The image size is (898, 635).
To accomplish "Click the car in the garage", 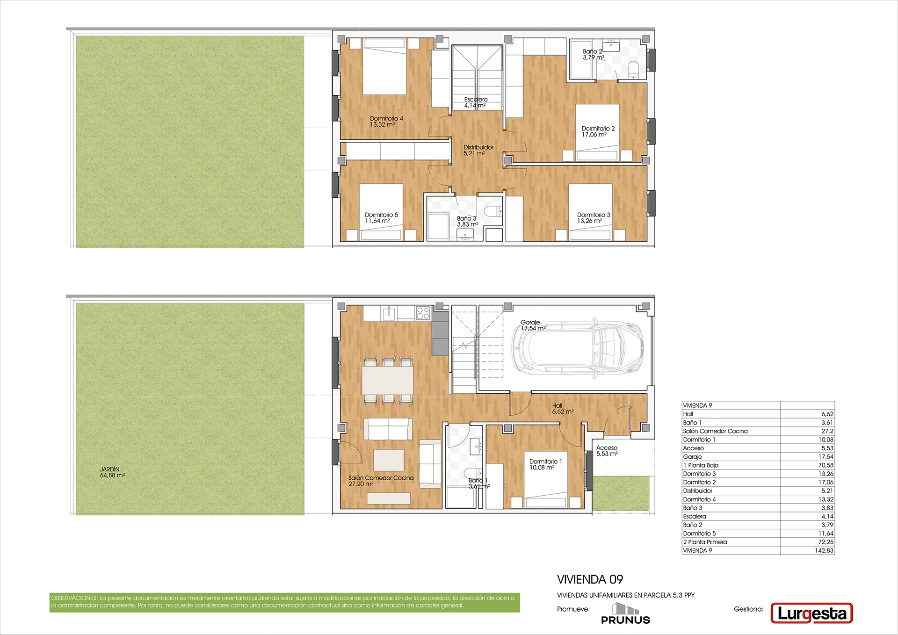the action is click(x=579, y=347).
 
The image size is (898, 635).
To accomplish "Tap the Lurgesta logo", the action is click(x=811, y=613).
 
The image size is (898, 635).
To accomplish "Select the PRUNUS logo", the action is click(x=625, y=614).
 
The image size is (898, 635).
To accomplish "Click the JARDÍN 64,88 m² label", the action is click(x=112, y=472).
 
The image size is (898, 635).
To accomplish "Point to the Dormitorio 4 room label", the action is click(x=386, y=122).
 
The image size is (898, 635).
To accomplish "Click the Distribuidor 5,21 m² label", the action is click(x=478, y=150).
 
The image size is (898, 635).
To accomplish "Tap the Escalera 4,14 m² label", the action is click(x=476, y=102).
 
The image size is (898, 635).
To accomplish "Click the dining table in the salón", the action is click(x=388, y=380).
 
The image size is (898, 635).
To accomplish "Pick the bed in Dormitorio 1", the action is click(x=546, y=480).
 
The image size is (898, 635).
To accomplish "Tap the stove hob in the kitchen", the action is click(x=423, y=313).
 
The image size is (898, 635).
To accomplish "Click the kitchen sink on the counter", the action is click(x=389, y=313).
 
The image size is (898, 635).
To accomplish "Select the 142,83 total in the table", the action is click(x=824, y=550).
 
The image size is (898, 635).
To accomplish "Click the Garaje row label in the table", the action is click(x=692, y=457).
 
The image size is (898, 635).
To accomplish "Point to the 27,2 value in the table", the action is click(x=827, y=431).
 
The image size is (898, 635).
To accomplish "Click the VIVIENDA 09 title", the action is click(x=590, y=579).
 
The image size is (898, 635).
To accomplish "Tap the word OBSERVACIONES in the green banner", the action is click(x=74, y=598).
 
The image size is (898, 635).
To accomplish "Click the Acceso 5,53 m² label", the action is click(x=607, y=451).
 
